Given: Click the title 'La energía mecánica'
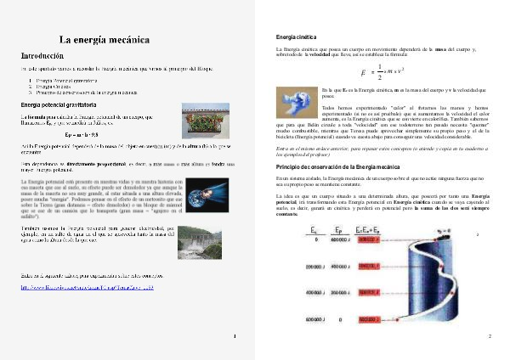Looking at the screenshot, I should (105, 40).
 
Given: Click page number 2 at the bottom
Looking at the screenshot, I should (490, 337).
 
